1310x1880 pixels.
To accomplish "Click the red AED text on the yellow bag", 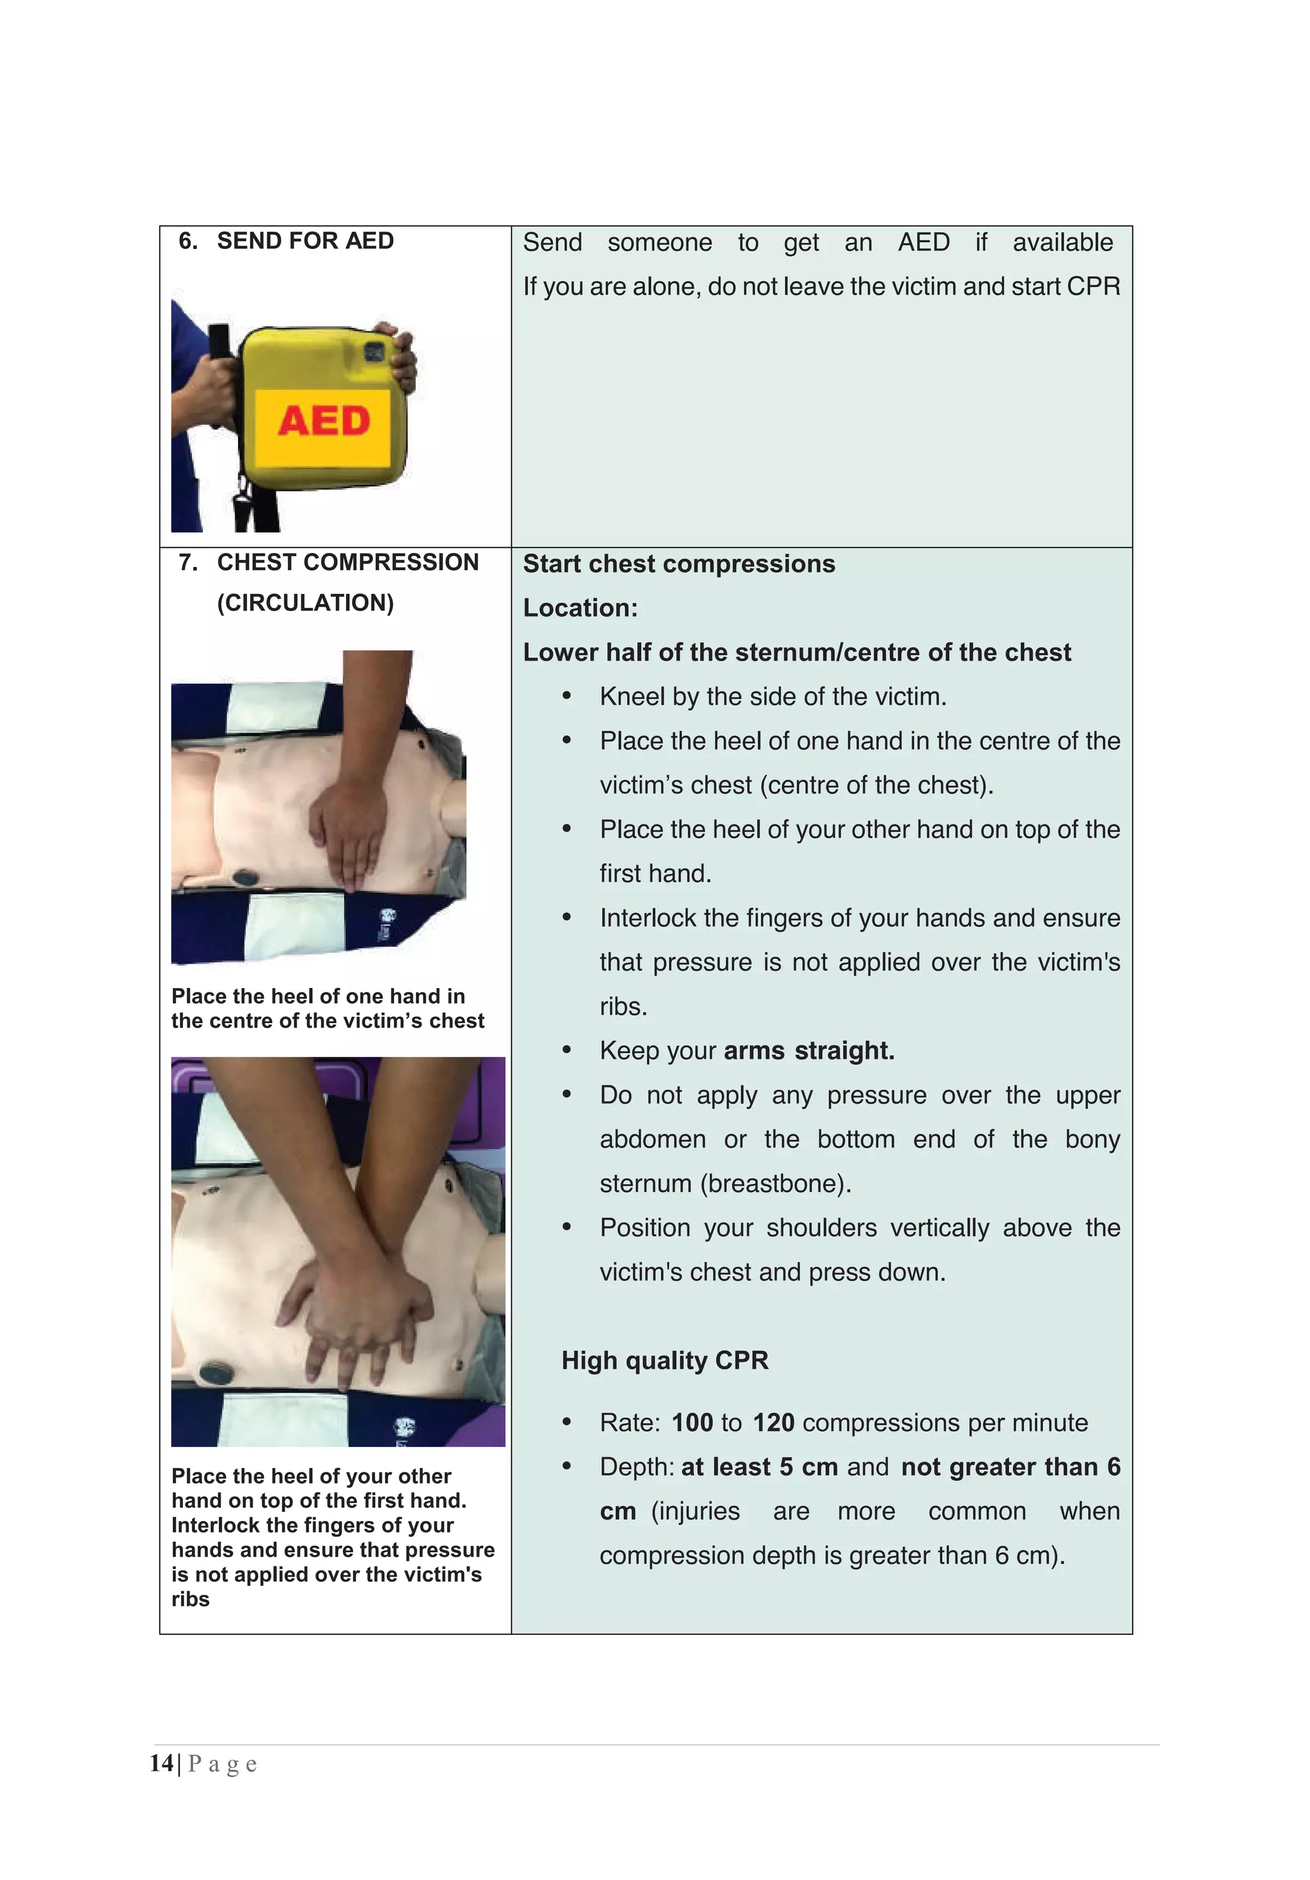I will [x=324, y=421].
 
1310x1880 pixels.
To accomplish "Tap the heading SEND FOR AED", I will [x=304, y=241].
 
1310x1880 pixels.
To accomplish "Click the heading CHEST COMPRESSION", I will [x=347, y=562].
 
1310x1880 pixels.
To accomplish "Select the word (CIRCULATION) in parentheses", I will [x=304, y=603].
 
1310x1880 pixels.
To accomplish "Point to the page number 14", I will [x=161, y=1763].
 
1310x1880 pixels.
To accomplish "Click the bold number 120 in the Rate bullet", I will [x=773, y=1422].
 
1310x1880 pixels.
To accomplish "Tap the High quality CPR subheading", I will [x=664, y=1360].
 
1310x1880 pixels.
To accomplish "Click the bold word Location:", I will [x=580, y=607].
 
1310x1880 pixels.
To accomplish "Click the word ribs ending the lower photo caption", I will [x=190, y=1599].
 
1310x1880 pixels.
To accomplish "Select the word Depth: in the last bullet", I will [x=636, y=1467].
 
